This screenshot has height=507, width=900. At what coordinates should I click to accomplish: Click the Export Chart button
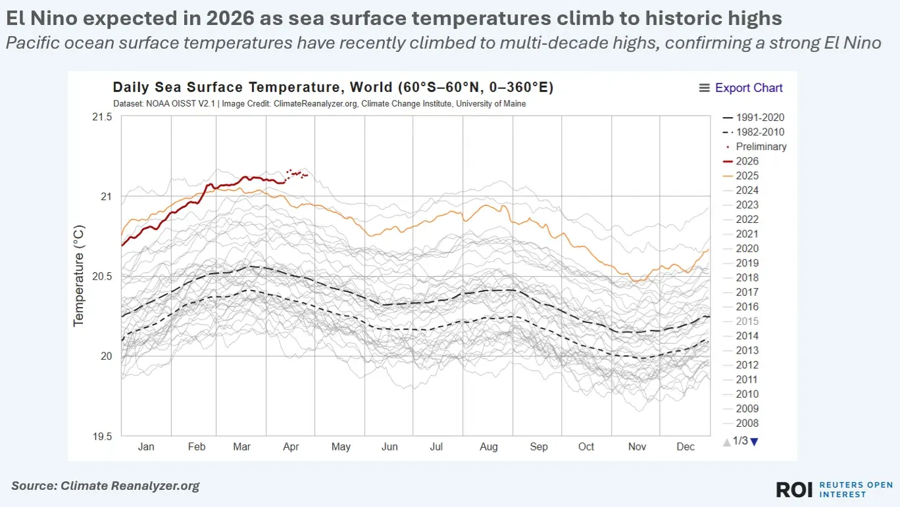[741, 88]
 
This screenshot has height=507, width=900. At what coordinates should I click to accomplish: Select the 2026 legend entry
[747, 161]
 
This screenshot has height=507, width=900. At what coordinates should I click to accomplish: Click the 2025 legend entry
[747, 176]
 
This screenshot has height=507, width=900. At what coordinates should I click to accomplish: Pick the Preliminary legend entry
[761, 147]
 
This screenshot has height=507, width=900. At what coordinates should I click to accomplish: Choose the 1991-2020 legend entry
[759, 118]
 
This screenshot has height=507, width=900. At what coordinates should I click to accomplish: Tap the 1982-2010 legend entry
[759, 132]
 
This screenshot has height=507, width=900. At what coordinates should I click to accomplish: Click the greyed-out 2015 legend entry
[747, 321]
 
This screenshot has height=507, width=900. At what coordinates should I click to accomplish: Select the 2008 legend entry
[747, 423]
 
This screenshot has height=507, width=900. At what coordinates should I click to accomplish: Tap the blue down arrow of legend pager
[754, 442]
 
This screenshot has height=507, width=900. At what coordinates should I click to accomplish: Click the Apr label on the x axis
[291, 447]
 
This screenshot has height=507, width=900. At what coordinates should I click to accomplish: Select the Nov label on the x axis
[637, 447]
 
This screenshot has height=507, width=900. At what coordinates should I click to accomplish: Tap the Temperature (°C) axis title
[79, 276]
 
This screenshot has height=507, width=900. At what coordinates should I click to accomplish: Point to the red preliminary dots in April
[297, 174]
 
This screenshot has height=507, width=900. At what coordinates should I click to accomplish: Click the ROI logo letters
[795, 489]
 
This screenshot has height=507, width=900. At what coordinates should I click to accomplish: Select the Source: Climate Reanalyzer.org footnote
[105, 486]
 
